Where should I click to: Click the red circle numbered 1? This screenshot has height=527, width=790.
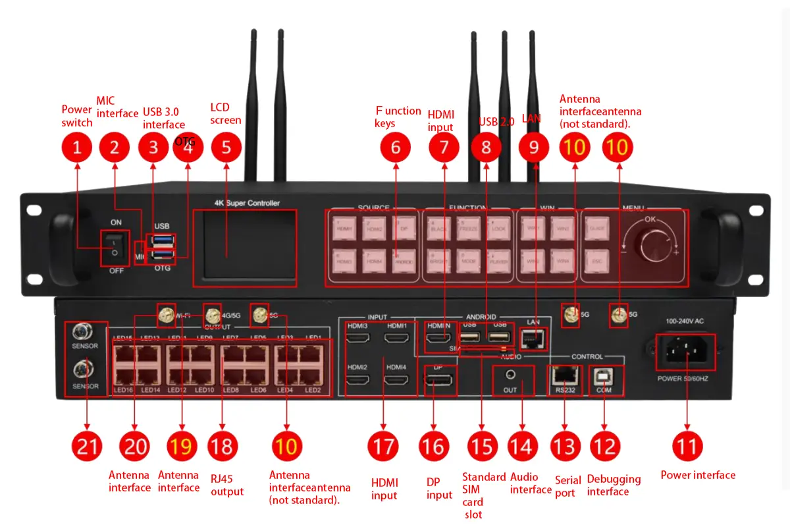pyautogui.click(x=78, y=148)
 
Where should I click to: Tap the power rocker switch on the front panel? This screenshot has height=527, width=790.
pyautogui.click(x=115, y=247)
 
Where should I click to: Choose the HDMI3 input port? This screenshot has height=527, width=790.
pyautogui.click(x=358, y=339)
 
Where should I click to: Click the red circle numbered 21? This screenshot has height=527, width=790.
pyautogui.click(x=87, y=447)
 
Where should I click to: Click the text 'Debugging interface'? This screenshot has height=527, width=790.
pyautogui.click(x=613, y=485)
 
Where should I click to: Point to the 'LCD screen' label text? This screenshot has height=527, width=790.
pyautogui.click(x=226, y=113)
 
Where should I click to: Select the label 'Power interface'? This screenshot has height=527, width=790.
pyautogui.click(x=698, y=475)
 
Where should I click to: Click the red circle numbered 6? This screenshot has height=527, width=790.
pyautogui.click(x=396, y=148)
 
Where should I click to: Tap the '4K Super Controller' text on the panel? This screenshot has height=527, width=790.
pyautogui.click(x=247, y=203)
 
